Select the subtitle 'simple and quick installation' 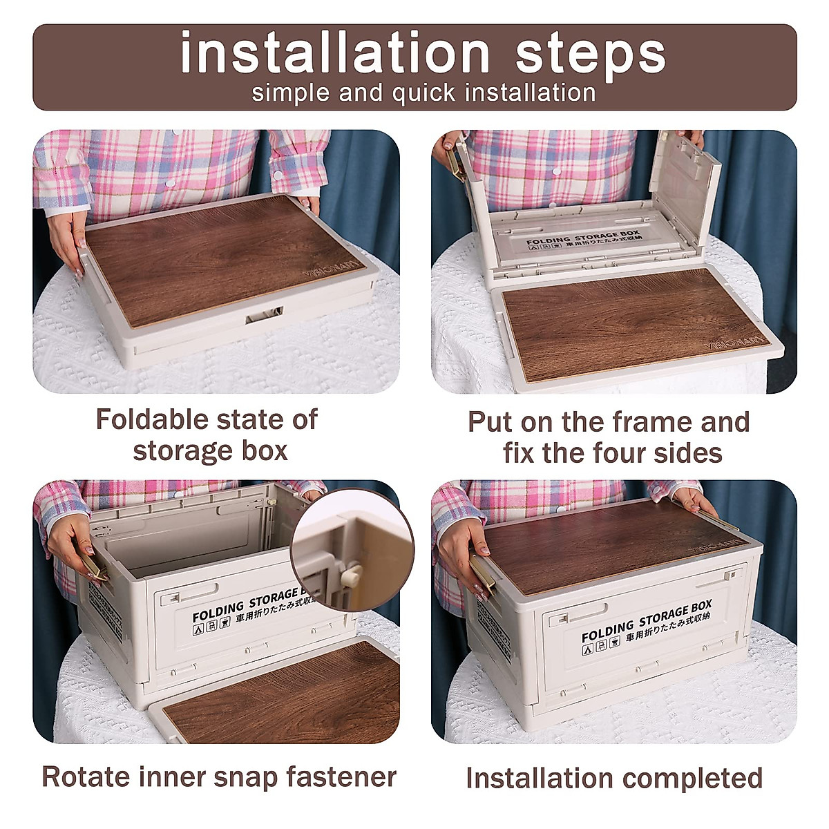[x=423, y=93]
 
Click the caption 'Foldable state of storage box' [x=207, y=435]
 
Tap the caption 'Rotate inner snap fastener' [x=219, y=776]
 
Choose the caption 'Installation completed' [x=614, y=778]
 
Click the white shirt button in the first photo [x=169, y=182]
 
